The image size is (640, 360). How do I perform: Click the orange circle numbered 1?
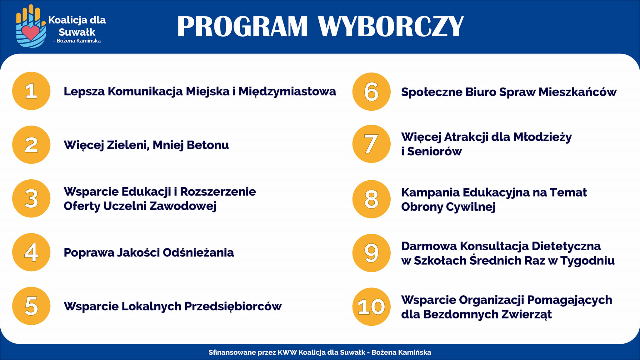tap(31, 91)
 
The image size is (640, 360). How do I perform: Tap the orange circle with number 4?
tap(31, 252)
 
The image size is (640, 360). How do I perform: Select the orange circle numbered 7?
tap(371, 144)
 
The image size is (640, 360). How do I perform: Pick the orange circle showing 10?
tap(371, 307)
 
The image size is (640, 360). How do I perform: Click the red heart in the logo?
tap(31, 32)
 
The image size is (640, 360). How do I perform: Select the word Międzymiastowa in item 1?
tap(287, 92)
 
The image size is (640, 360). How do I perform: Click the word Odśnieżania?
tap(198, 252)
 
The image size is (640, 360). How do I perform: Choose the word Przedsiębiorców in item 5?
tap(233, 307)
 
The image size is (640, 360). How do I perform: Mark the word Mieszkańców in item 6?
tap(577, 92)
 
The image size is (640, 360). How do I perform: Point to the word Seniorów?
tap(434, 151)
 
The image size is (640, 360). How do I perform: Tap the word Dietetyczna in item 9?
tap(566, 246)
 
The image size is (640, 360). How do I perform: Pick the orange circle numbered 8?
tap(371, 199)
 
